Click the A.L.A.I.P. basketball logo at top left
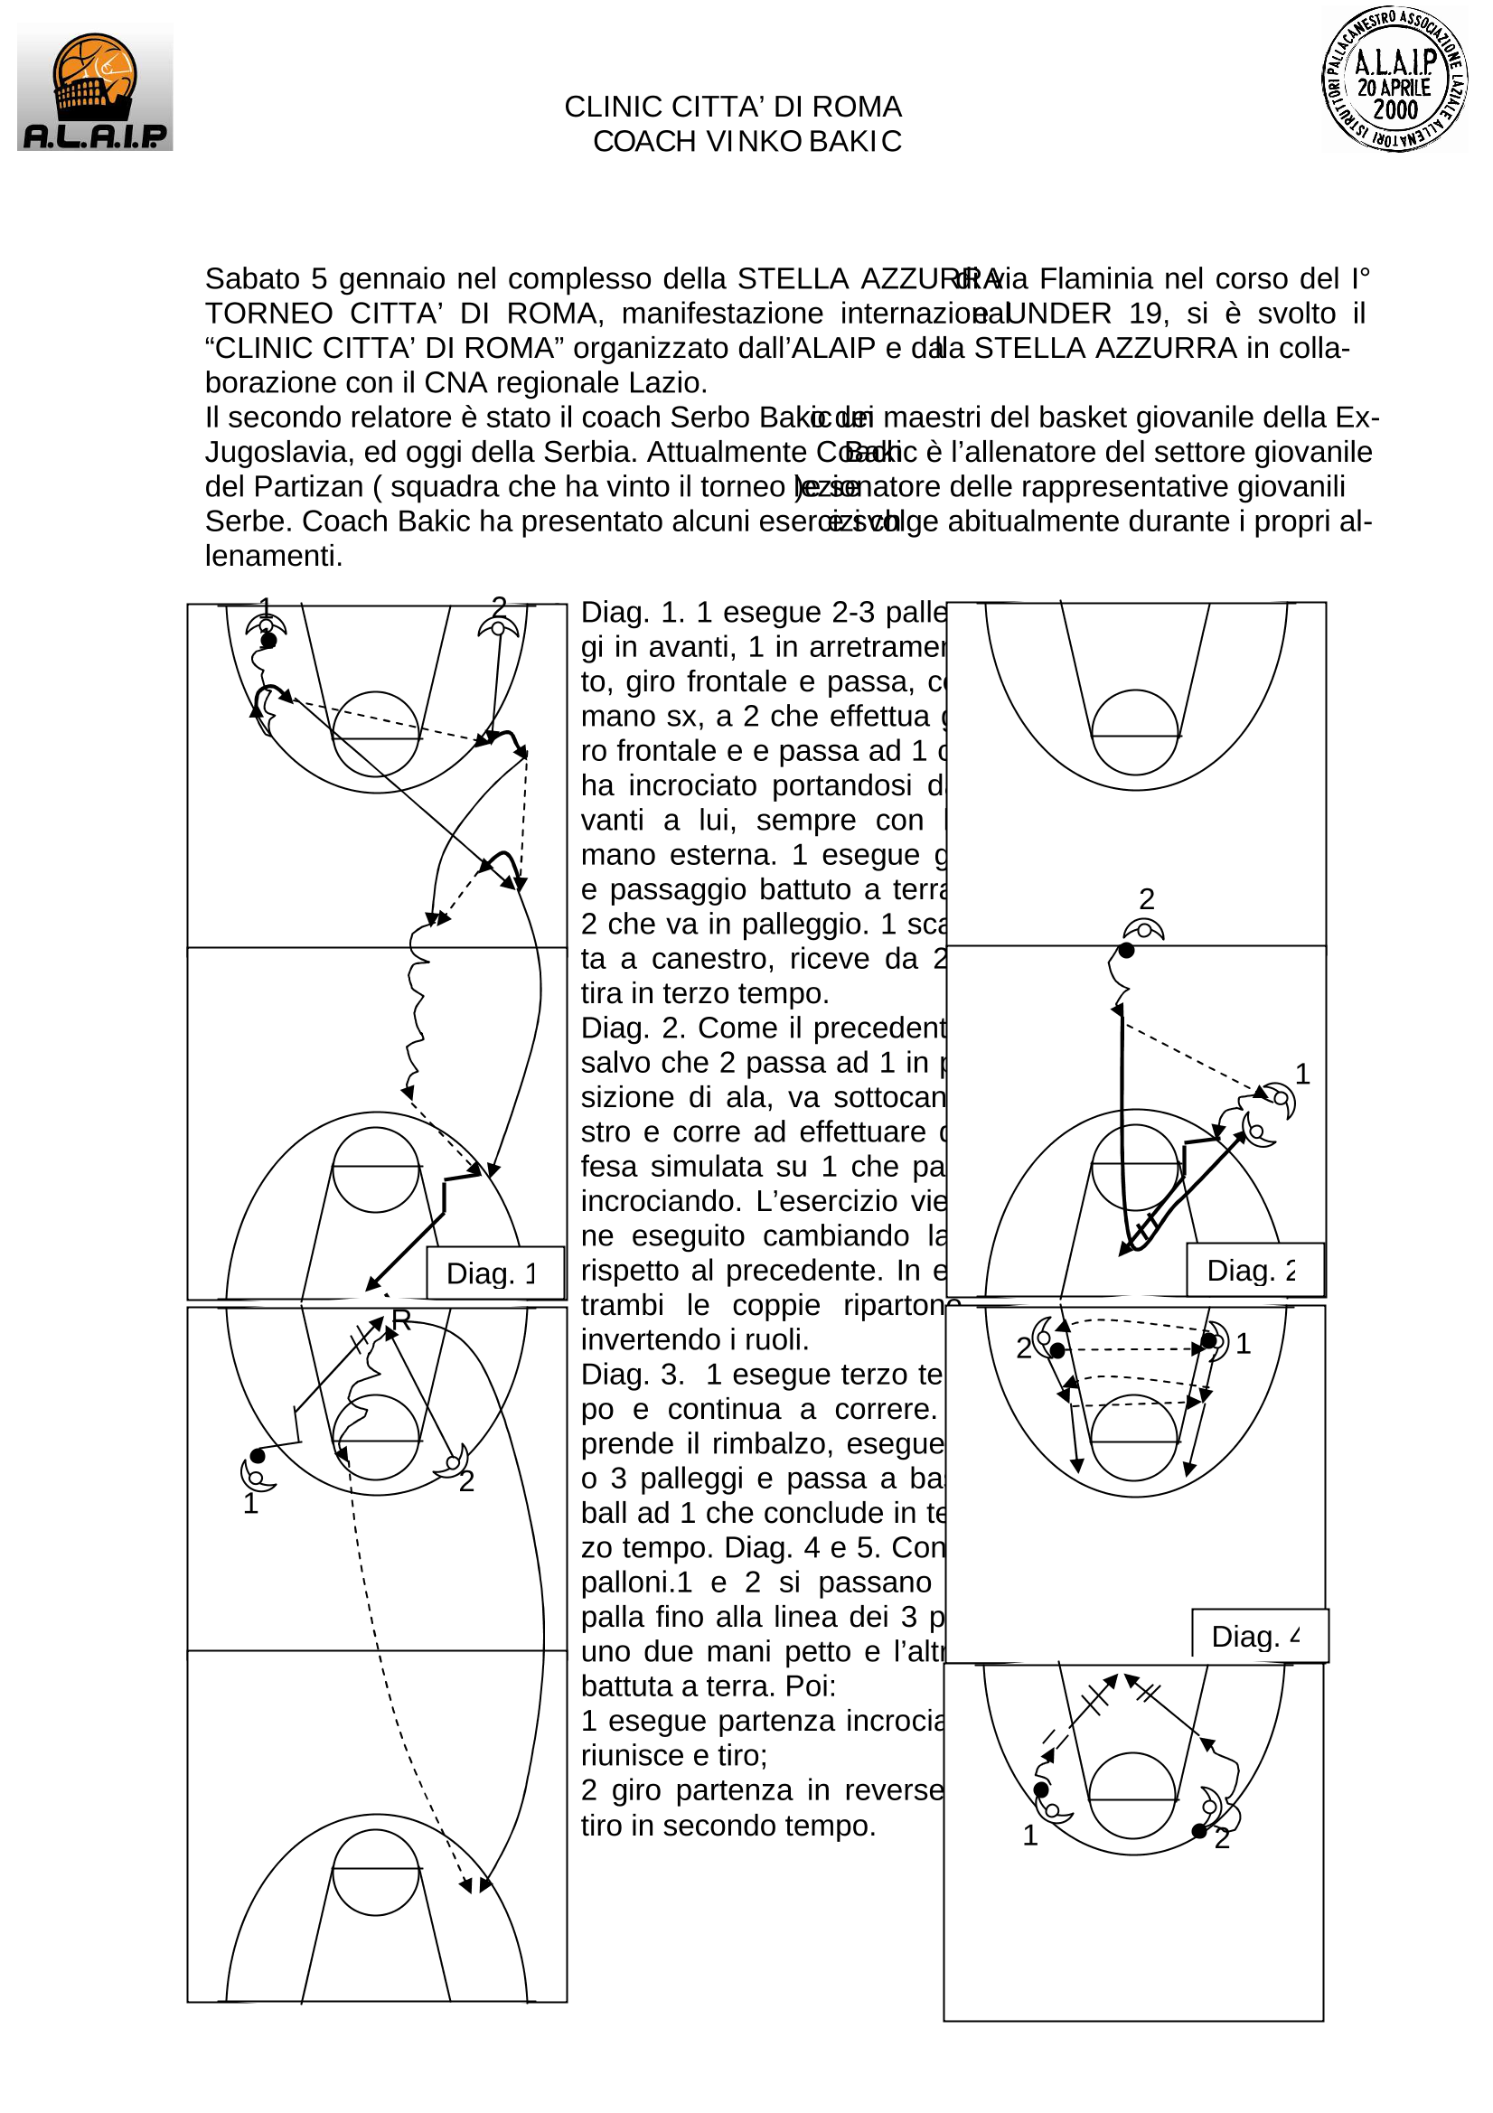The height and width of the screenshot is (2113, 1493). (x=95, y=88)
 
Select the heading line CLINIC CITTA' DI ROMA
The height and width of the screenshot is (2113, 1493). (x=733, y=107)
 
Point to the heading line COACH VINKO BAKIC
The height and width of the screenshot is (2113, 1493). (x=746, y=142)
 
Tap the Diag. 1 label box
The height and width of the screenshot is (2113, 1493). (x=494, y=1272)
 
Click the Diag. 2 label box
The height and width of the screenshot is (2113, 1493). (x=1254, y=1270)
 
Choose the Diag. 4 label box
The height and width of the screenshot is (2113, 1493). (x=1258, y=1637)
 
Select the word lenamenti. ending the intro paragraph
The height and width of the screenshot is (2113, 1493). (x=273, y=557)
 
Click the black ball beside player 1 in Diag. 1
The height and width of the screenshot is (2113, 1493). (x=268, y=641)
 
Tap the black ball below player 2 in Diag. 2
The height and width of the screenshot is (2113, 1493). (x=1126, y=950)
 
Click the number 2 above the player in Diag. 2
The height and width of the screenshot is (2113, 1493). (x=1147, y=898)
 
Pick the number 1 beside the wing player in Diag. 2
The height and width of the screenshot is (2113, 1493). (x=1301, y=1073)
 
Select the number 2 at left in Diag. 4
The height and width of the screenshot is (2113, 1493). (x=1024, y=1348)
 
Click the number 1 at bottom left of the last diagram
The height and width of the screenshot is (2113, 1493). (x=1030, y=1835)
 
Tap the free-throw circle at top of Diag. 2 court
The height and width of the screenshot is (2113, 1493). (x=1135, y=732)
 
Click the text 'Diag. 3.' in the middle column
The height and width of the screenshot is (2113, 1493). (x=633, y=1375)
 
